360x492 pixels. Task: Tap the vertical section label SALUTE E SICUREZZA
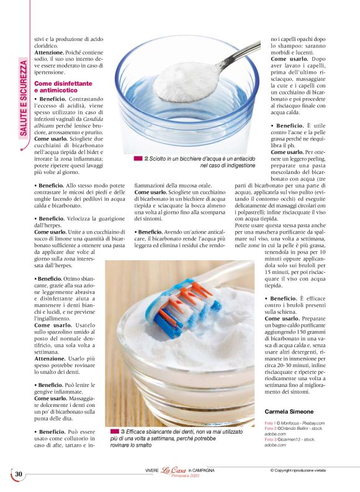(x=24, y=97)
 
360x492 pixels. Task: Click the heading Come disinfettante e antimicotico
(x=63, y=86)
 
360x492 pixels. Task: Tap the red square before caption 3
(x=115, y=430)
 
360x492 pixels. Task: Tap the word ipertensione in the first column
(x=50, y=73)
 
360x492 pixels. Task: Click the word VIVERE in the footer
(x=146, y=470)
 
